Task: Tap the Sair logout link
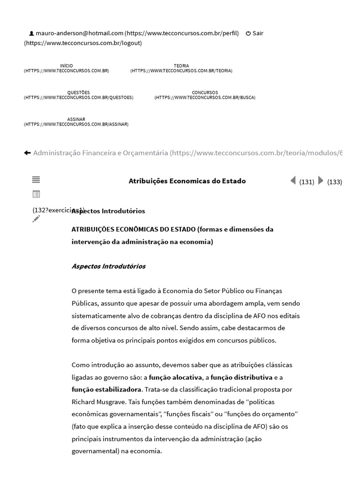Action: [257, 33]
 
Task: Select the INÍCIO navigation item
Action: [67, 66]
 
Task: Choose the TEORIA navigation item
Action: [181, 66]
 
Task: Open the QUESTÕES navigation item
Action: [78, 93]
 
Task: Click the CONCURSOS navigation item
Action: [205, 93]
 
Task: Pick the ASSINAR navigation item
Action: [76, 120]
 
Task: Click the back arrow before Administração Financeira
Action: [27, 153]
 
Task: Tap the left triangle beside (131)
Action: [293, 180]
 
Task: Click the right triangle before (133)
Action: [321, 180]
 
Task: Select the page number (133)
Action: [335, 182]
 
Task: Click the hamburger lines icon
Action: [36, 180]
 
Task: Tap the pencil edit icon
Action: [36, 219]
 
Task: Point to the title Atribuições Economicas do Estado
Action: [187, 181]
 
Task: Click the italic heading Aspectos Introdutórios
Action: [108, 266]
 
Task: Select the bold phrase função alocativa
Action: [175, 377]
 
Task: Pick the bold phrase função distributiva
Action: [241, 377]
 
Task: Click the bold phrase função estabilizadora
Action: [106, 389]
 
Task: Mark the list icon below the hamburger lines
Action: [36, 194]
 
